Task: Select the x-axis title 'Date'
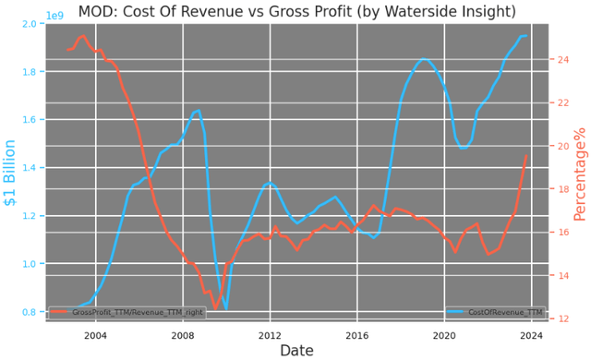[x=296, y=350]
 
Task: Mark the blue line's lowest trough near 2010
[x=225, y=308]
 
